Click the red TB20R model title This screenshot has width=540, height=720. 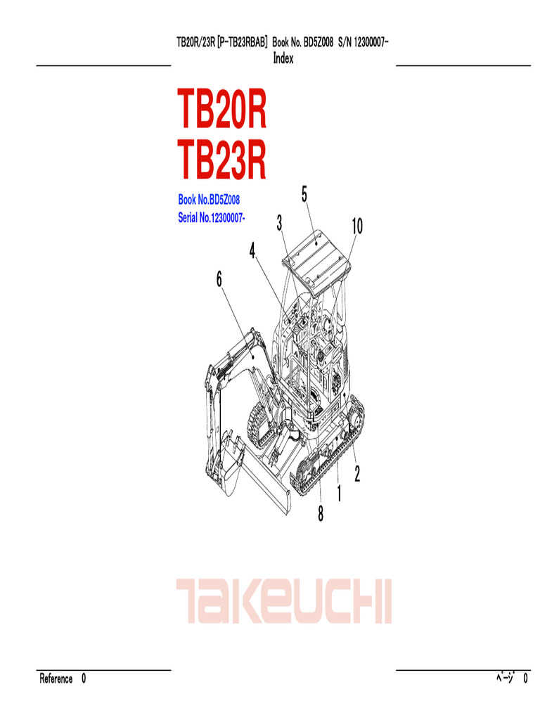pyautogui.click(x=222, y=111)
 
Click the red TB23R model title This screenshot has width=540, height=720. pyautogui.click(x=222, y=160)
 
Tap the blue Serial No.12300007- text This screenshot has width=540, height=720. pyautogui.click(x=212, y=219)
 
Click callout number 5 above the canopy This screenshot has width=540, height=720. pyautogui.click(x=304, y=195)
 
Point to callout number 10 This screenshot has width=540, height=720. pyautogui.click(x=356, y=226)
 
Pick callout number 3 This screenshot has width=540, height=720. pyautogui.click(x=279, y=224)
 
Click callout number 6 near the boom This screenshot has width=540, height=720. pyautogui.click(x=219, y=280)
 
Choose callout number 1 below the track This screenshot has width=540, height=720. pyautogui.click(x=339, y=494)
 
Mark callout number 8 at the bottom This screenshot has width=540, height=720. pyautogui.click(x=321, y=515)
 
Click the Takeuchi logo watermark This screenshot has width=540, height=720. pyautogui.click(x=283, y=602)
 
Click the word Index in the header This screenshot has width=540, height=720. pyautogui.click(x=283, y=59)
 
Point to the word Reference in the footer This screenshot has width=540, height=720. pyautogui.click(x=56, y=679)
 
